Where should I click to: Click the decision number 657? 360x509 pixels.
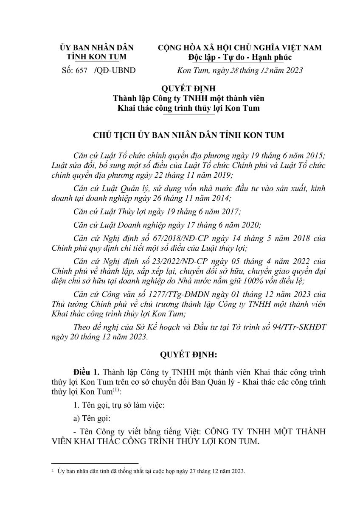tap(81, 70)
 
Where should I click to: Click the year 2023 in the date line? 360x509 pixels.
tap(293, 70)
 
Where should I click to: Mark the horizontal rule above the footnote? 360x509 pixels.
tap(94, 463)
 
